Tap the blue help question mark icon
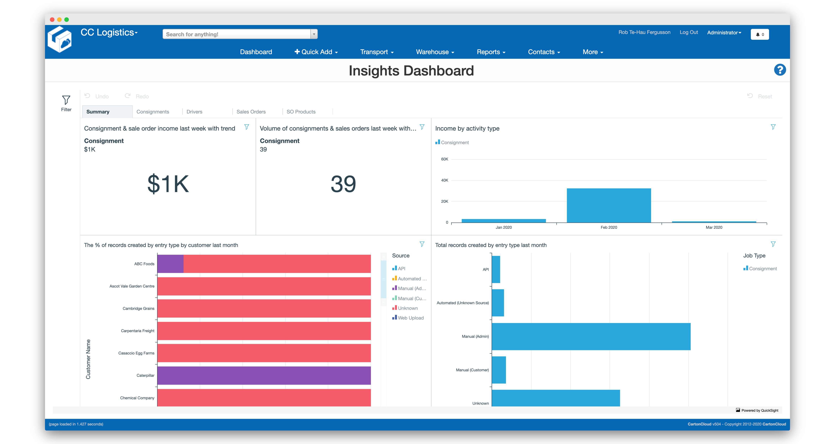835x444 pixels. click(780, 70)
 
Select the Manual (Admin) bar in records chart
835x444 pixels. click(591, 336)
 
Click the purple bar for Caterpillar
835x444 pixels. click(264, 375)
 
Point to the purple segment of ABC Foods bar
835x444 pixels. click(170, 264)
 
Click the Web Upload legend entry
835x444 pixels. click(410, 318)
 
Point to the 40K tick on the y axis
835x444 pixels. click(444, 180)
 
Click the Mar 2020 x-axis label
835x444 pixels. click(714, 227)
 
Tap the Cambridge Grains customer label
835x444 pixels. click(138, 308)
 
